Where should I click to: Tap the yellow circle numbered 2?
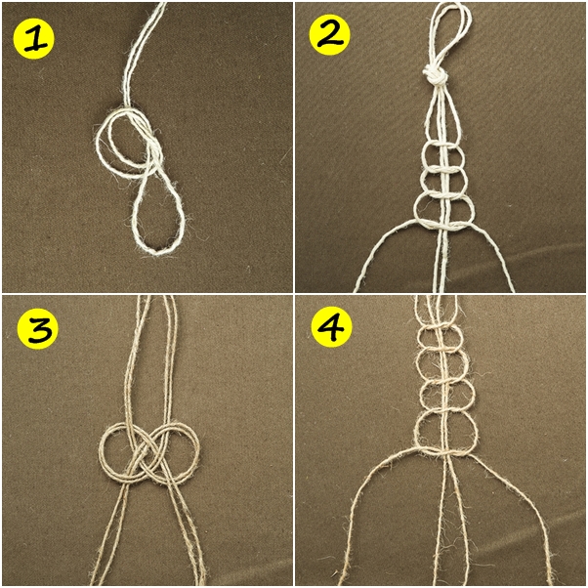coord(329,36)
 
